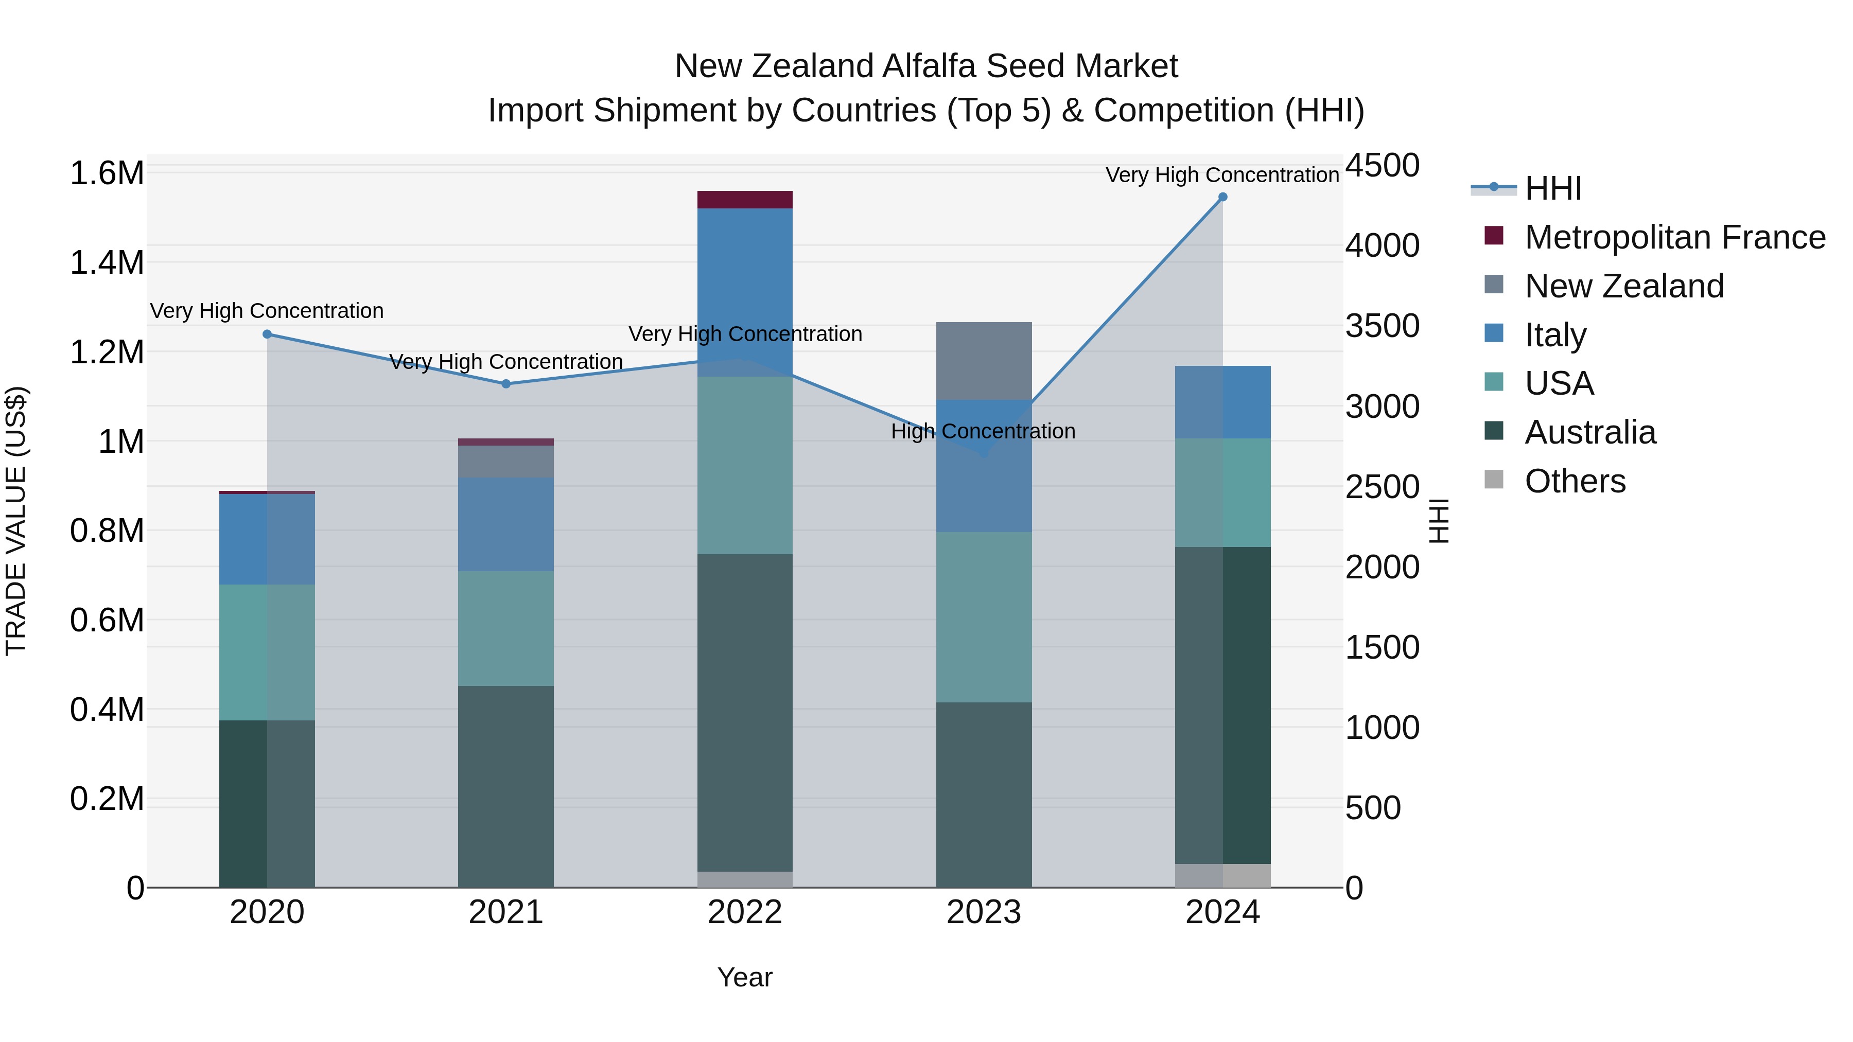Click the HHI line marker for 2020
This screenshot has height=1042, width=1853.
pos(267,334)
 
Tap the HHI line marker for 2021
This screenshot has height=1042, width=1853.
pos(505,384)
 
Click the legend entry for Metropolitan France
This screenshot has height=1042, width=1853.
pos(1674,237)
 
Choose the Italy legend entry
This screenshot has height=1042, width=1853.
pos(1555,335)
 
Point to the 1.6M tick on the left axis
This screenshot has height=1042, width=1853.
pos(107,173)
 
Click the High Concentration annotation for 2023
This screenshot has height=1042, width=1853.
pos(983,432)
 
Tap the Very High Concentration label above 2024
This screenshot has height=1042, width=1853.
pos(1221,175)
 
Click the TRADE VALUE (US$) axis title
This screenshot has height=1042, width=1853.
pos(16,521)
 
